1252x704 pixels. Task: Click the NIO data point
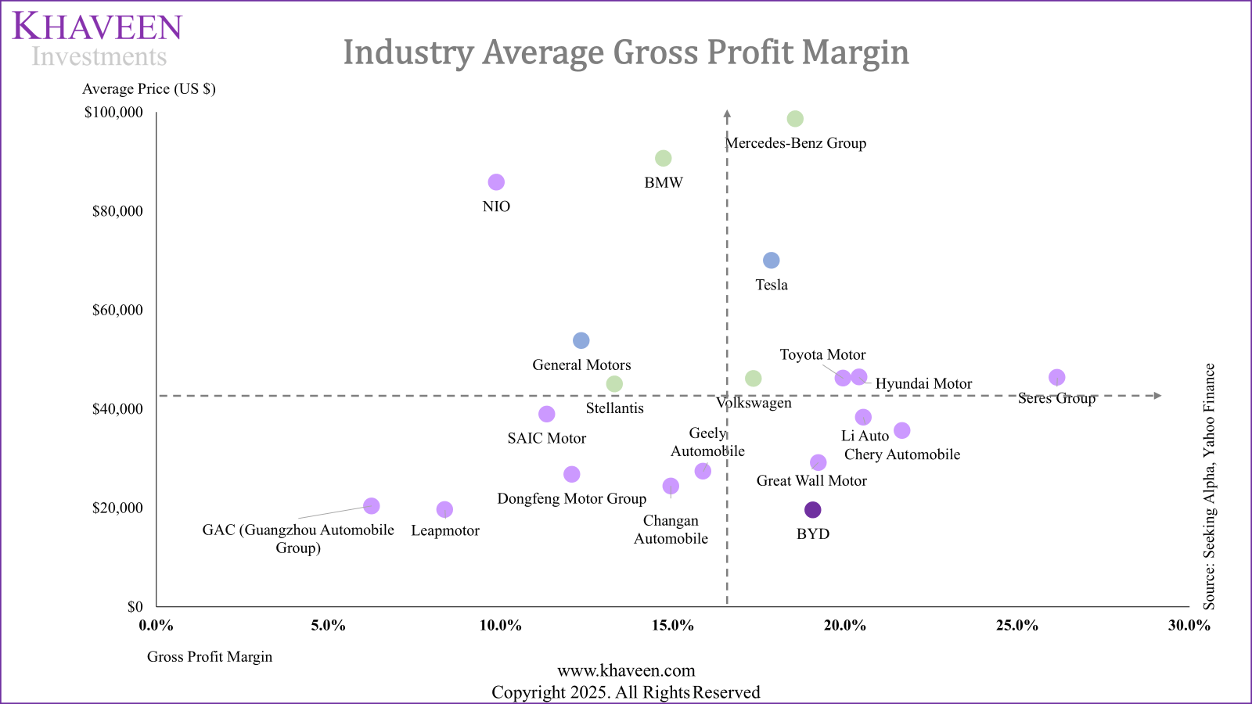tap(496, 182)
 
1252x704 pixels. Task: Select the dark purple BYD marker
tap(813, 510)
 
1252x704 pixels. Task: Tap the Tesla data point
tap(772, 260)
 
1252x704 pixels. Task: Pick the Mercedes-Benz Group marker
tap(795, 119)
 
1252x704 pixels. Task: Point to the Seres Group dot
tap(1057, 378)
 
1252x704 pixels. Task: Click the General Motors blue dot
tap(581, 340)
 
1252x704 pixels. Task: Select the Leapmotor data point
tap(444, 510)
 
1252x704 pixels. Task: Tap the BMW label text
tap(664, 183)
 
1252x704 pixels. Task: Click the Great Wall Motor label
tap(811, 481)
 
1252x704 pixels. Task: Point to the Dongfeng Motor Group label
tap(572, 499)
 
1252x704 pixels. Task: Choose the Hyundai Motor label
tap(923, 384)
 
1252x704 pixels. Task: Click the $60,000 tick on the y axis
tap(118, 311)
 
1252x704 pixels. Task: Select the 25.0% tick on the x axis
tap(1016, 626)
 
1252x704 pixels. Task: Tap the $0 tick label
tap(135, 607)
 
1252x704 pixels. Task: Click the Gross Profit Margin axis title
tap(210, 657)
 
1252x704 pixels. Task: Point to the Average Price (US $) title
tap(149, 89)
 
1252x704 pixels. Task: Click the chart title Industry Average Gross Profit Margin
tap(626, 52)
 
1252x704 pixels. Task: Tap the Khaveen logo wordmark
tap(98, 27)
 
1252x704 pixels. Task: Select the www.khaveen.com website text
tap(626, 671)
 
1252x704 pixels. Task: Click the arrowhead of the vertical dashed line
tap(728, 114)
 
